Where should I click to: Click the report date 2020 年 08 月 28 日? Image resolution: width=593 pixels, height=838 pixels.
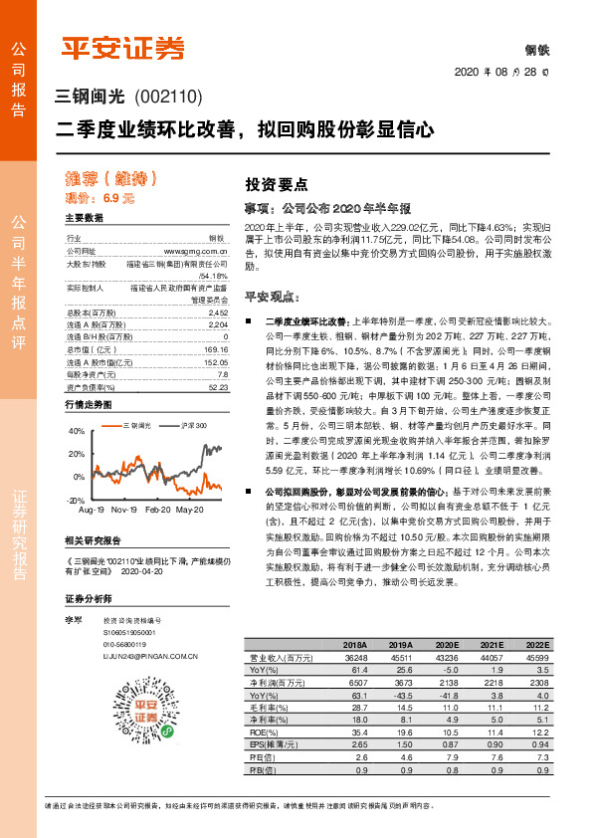click(508, 72)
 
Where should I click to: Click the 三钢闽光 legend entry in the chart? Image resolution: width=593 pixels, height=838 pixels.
click(136, 425)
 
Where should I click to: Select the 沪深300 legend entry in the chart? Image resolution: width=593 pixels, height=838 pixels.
click(194, 425)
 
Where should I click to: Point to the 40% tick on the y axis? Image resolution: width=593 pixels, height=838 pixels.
click(75, 432)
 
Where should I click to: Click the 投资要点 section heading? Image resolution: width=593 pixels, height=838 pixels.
click(276, 184)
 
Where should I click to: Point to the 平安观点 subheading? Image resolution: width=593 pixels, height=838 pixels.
click(272, 297)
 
